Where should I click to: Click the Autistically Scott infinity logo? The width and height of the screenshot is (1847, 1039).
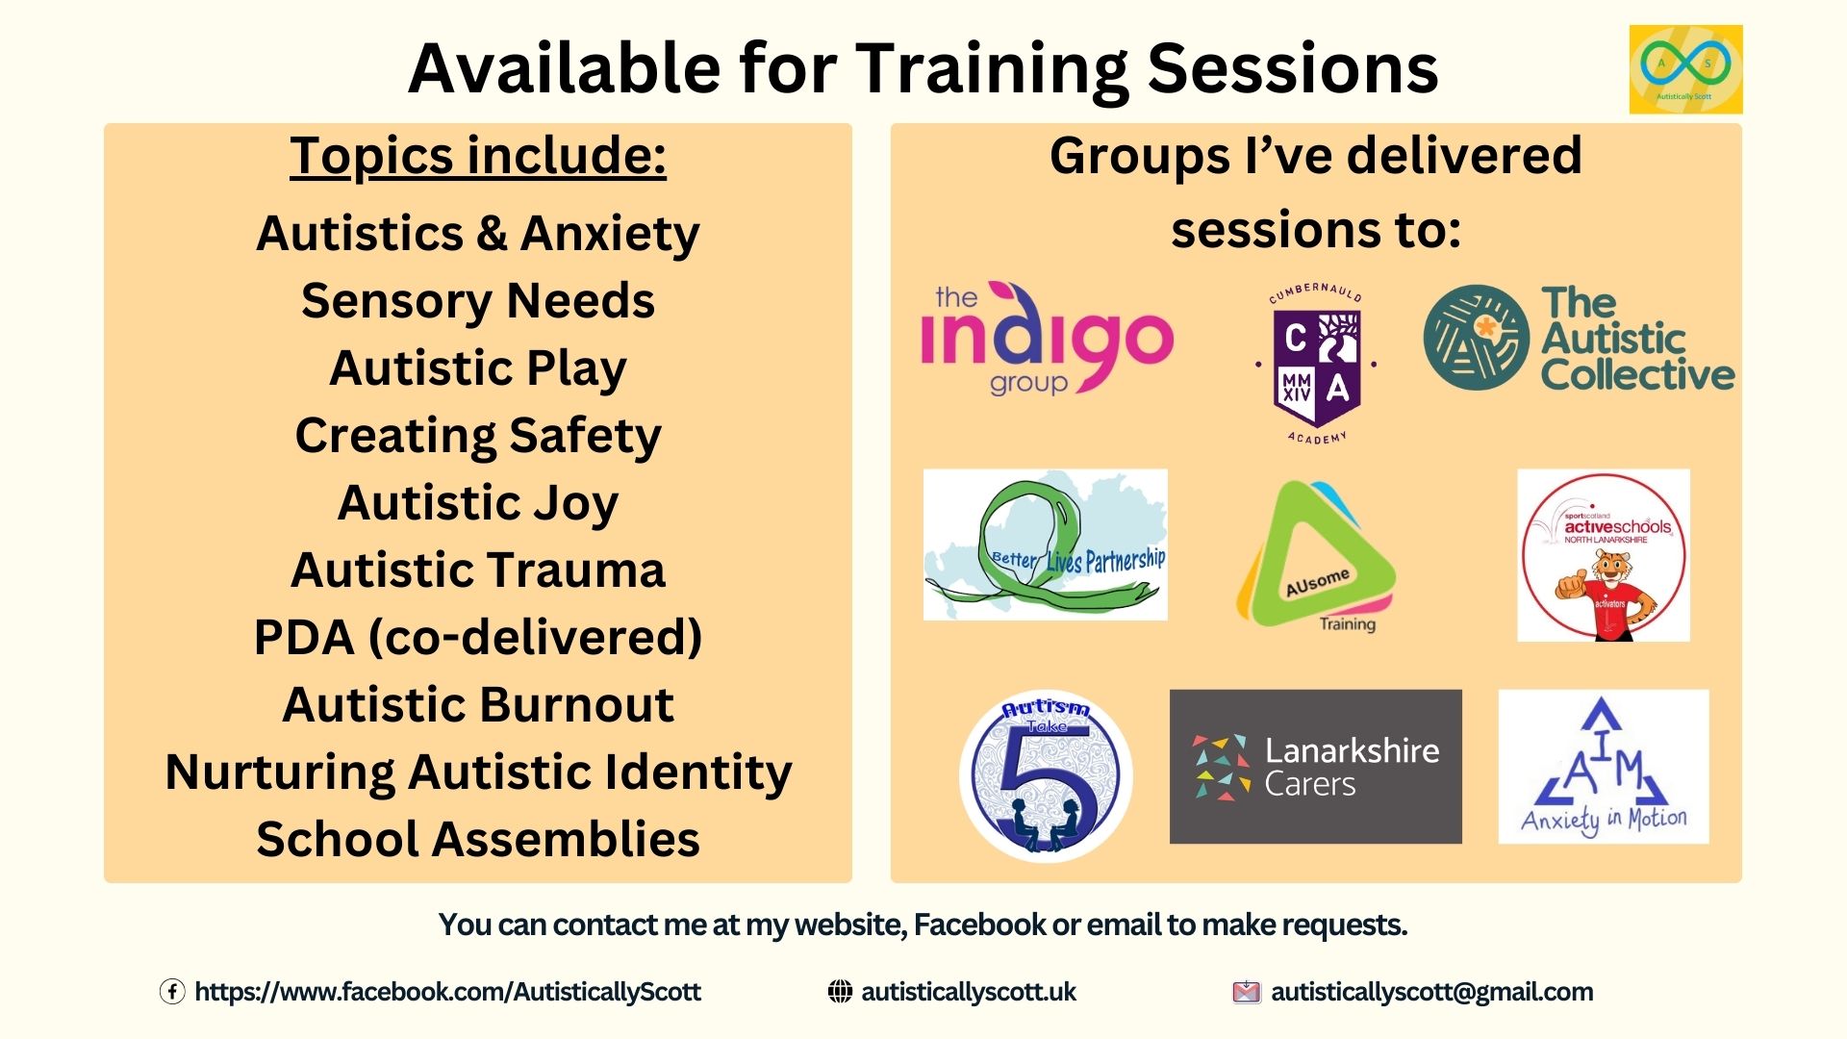[1685, 69]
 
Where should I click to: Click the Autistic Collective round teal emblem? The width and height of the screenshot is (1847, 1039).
[1476, 338]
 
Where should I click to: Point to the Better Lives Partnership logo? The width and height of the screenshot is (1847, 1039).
[1045, 545]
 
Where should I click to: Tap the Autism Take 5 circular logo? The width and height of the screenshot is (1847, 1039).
[1046, 775]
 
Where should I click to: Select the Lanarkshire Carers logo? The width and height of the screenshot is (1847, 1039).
[1315, 767]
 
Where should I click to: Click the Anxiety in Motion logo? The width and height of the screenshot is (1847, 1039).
[1604, 767]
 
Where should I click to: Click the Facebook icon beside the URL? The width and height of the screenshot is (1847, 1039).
[172, 992]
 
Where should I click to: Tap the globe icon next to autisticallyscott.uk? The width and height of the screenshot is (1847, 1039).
[840, 992]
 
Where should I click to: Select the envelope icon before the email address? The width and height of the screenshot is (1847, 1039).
[1246, 992]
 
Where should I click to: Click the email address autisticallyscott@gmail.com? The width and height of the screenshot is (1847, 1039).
[1431, 992]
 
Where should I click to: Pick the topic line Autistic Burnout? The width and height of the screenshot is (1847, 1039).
[478, 704]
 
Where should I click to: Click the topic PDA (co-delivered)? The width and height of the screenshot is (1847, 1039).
[478, 637]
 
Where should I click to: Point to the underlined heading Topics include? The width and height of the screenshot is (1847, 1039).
[478, 156]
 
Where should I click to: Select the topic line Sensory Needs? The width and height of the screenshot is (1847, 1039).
[478, 301]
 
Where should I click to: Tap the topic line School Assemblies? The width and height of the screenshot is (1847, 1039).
[478, 839]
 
